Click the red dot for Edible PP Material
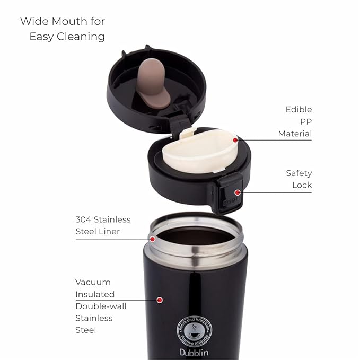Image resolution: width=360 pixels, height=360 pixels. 235,140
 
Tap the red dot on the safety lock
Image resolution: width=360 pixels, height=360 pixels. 238,192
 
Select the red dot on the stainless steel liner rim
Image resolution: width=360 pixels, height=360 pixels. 152,239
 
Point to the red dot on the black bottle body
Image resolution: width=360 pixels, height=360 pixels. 160,300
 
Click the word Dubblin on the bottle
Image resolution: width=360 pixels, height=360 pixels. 194,353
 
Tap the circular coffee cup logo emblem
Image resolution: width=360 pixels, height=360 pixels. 194,331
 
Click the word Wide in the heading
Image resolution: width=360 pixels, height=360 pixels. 35,21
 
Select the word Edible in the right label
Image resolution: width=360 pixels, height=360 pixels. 298,110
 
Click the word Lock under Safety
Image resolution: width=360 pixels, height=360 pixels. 302,185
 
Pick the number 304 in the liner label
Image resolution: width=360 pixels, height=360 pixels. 83,219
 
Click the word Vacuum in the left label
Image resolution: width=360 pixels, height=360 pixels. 93,282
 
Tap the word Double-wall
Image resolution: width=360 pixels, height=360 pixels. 101,306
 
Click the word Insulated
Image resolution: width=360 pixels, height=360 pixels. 95,294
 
